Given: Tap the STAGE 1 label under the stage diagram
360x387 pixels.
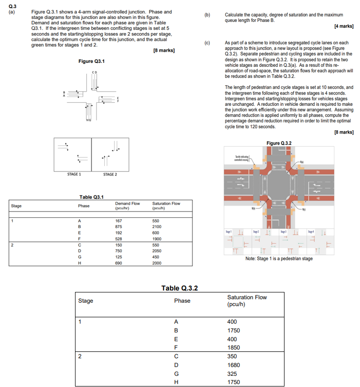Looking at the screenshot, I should [x=74, y=174].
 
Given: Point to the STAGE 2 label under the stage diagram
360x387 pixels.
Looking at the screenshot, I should [x=109, y=174].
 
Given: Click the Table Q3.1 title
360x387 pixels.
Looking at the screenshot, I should [x=91, y=197].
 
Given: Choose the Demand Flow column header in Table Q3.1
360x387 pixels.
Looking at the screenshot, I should [x=128, y=206].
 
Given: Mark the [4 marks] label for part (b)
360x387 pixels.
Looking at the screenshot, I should [x=344, y=25].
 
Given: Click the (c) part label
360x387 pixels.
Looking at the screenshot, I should [x=207, y=43].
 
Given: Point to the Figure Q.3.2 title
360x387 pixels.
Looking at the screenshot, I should [x=280, y=143].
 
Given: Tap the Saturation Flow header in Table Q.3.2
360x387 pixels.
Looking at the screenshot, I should [x=247, y=300].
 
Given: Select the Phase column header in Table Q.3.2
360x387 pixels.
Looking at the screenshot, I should [x=182, y=301].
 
